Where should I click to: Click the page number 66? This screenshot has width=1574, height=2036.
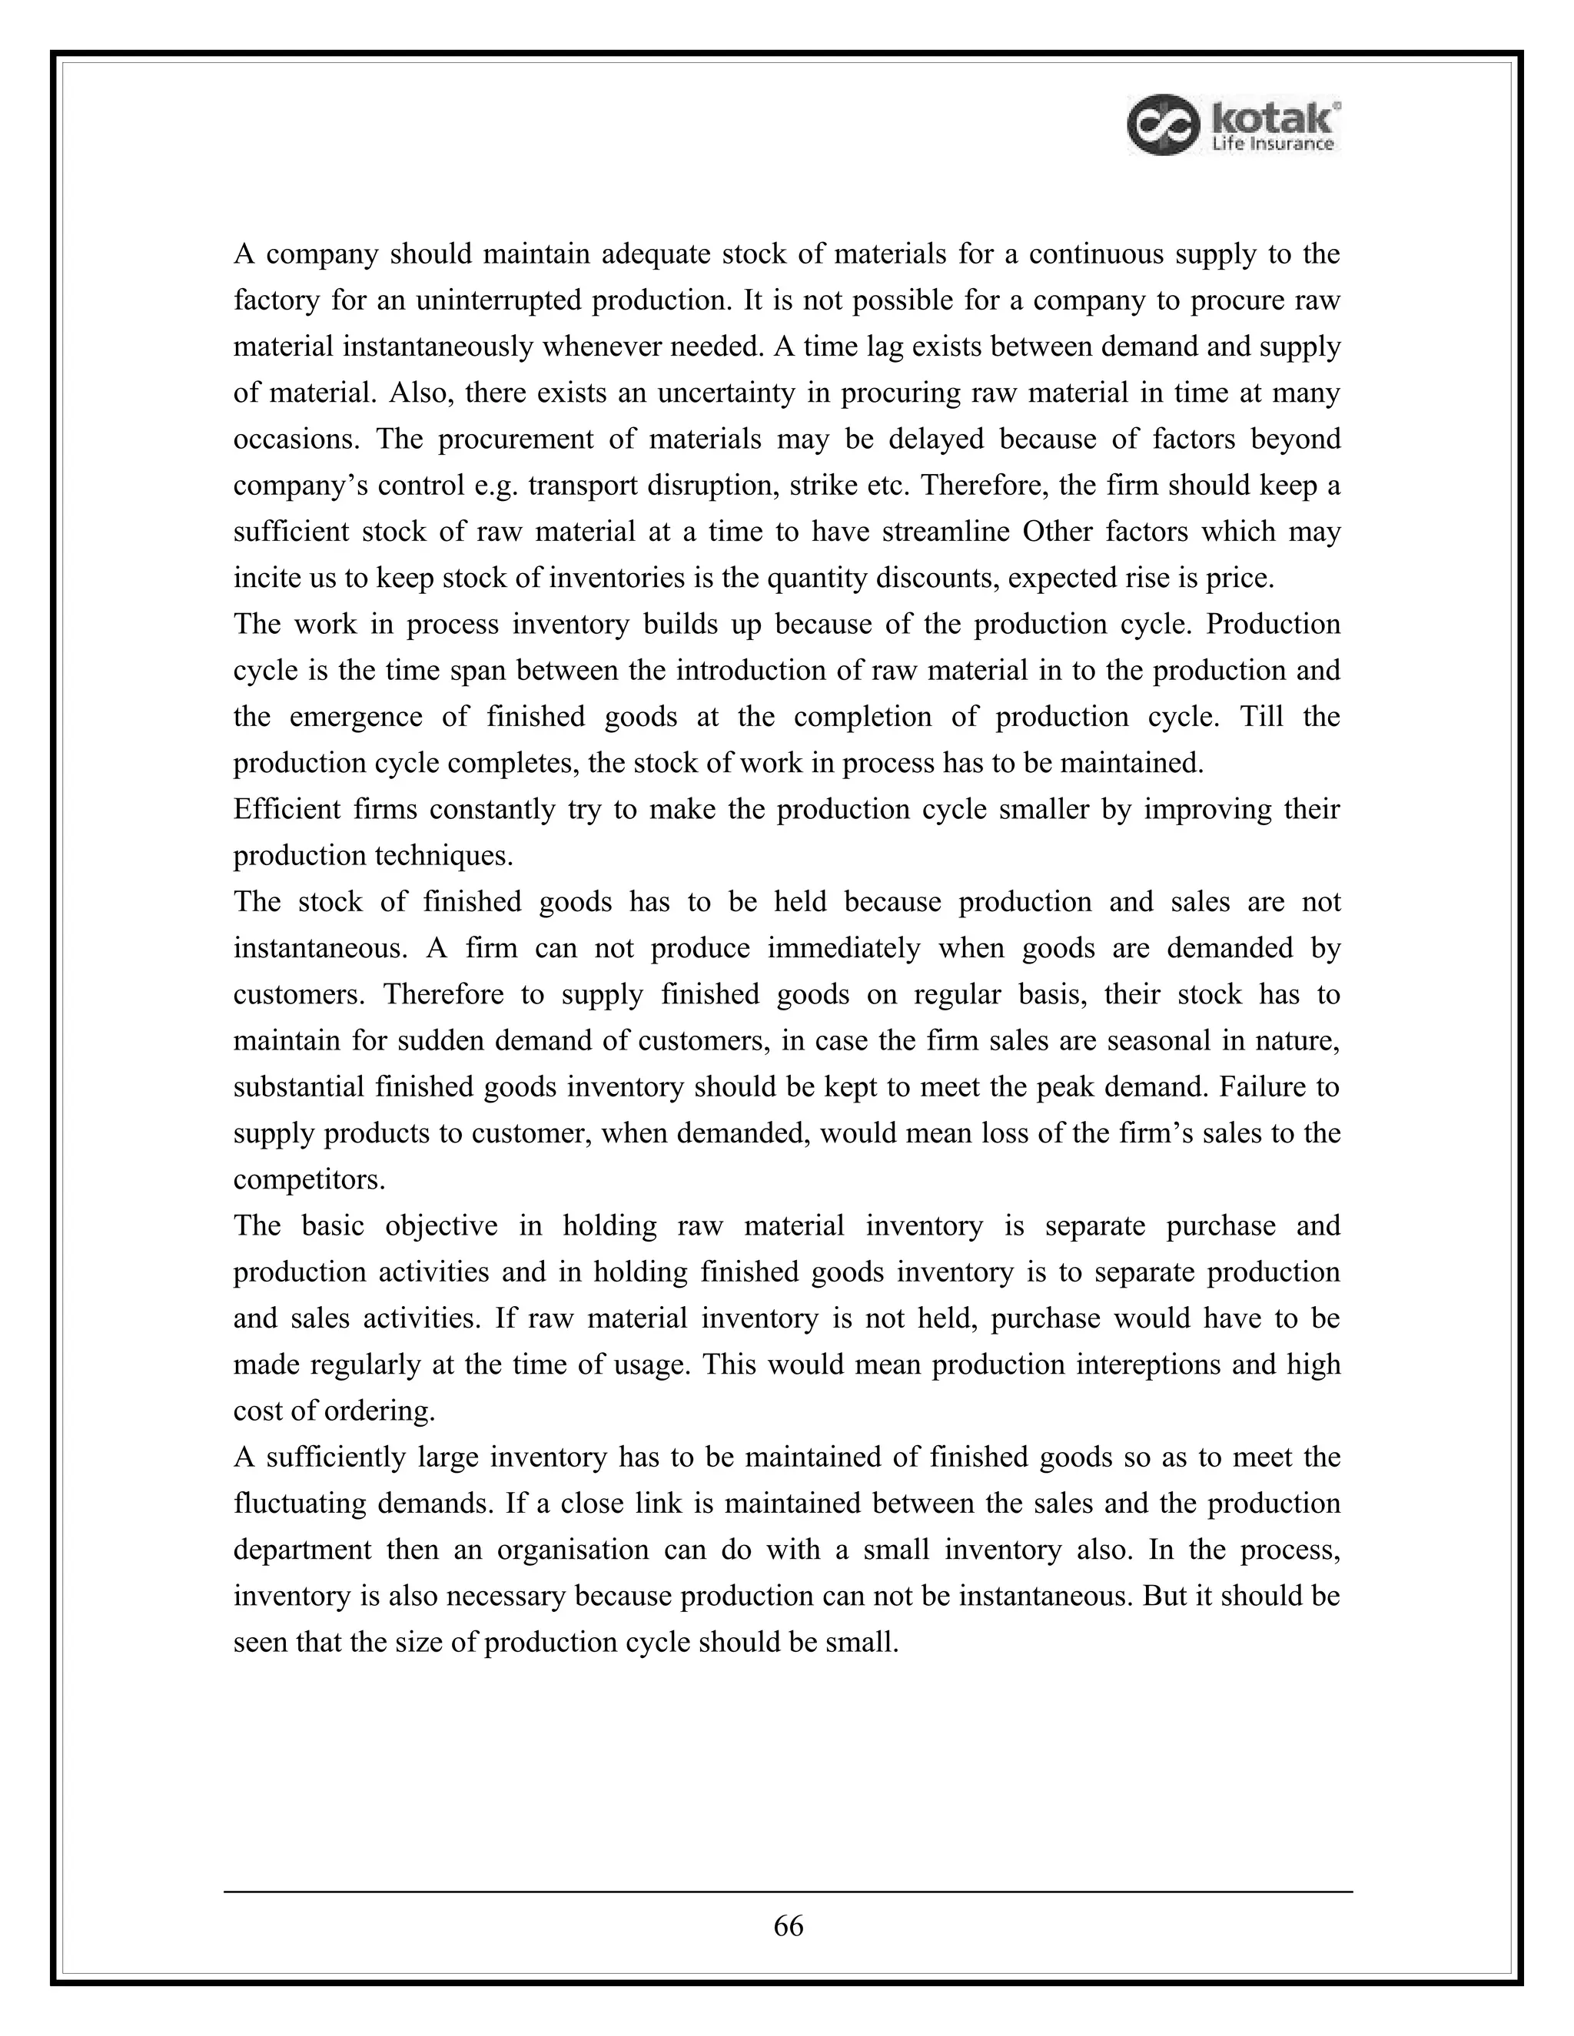pos(788,1926)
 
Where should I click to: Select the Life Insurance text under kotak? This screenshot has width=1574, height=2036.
pos(1272,144)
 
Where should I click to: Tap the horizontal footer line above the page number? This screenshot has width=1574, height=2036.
pos(788,1892)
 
